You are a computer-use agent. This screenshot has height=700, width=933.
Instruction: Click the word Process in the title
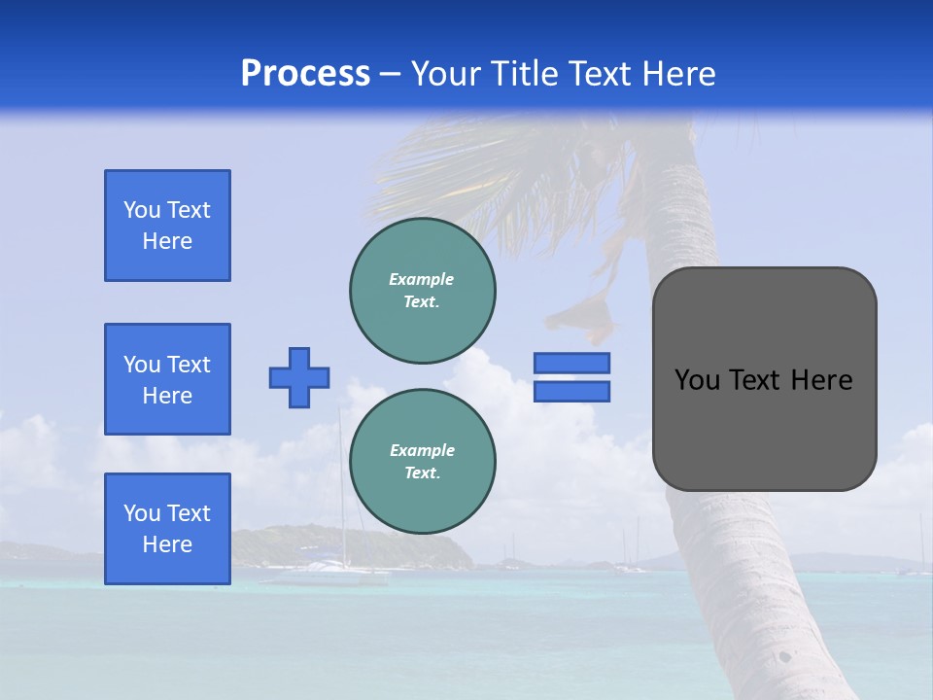tap(305, 74)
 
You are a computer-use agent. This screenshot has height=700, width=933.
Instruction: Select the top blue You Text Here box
tap(167, 226)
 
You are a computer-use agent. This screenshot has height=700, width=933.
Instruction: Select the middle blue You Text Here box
tap(167, 379)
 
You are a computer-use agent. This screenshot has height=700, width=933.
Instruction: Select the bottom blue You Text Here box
tap(167, 529)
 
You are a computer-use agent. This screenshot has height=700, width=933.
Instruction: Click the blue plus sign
tap(299, 377)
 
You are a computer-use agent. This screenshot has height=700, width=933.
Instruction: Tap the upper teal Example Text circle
tap(423, 291)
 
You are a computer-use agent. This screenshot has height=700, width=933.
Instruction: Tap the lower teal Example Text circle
tap(423, 462)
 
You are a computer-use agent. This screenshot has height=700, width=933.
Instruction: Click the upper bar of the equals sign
tap(571, 363)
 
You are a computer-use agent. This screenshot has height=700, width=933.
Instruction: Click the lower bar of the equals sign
tap(571, 392)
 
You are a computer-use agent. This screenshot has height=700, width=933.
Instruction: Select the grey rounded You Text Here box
tap(764, 428)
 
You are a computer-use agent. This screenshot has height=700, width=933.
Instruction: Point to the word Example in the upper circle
tap(421, 279)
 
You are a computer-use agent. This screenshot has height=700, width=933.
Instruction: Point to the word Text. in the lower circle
tap(423, 473)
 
